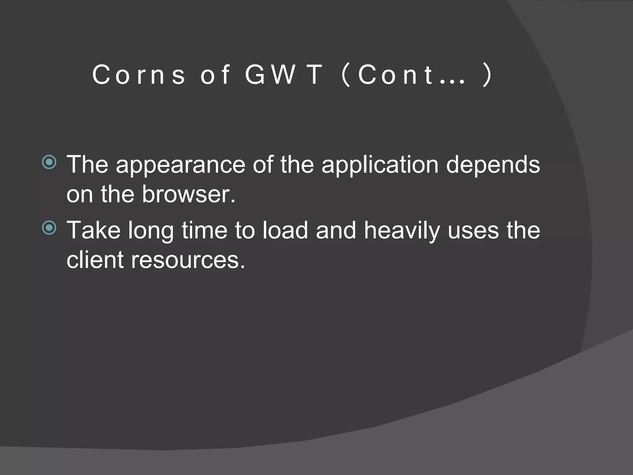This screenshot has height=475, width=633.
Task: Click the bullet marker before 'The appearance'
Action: coord(49,162)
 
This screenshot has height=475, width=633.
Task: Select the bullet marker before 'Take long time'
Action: coord(49,228)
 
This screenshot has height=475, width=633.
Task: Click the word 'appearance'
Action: coord(181,165)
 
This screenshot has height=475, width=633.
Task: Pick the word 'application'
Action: coord(380,165)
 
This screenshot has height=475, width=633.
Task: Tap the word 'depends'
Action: coord(493,165)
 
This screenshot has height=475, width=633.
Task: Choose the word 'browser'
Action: coord(188,195)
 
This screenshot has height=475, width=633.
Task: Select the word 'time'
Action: coord(204,230)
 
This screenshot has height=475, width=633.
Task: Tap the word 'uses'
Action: coord(473,230)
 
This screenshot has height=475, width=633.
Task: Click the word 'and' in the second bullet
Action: coord(336,230)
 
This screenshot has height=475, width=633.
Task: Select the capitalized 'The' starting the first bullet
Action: coord(87,165)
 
